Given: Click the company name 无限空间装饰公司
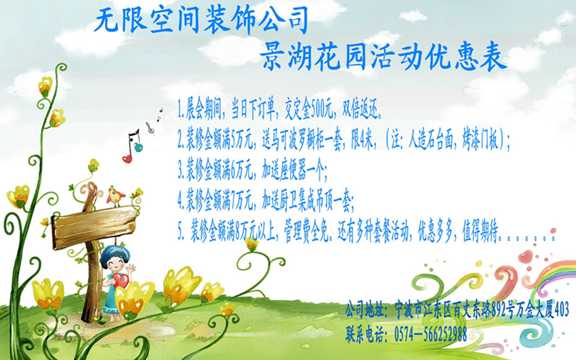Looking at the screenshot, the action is (201, 20).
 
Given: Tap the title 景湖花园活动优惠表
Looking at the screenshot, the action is (384, 58).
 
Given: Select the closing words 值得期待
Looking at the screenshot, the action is (480, 234).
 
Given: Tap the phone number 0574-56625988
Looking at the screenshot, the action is (430, 334).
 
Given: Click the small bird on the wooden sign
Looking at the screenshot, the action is (115, 196).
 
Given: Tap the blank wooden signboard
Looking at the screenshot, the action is (94, 227).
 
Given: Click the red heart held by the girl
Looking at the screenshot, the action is (120, 281).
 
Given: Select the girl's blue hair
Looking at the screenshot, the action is (115, 254).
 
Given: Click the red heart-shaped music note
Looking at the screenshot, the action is (127, 159).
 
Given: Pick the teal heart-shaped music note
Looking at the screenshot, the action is (138, 147).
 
